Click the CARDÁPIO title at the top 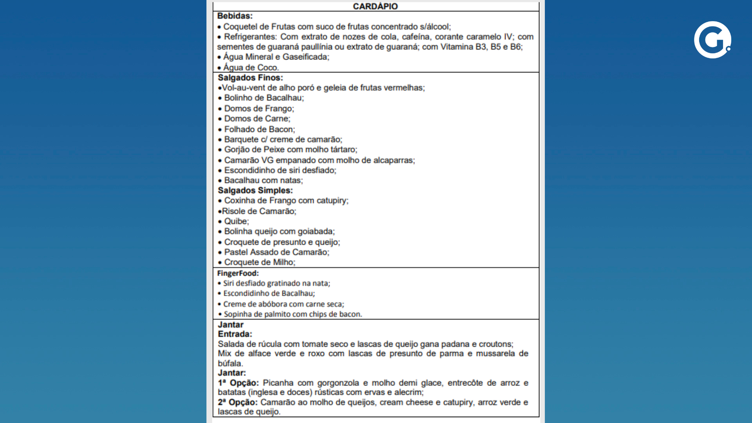click(375, 6)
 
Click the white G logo click(712, 40)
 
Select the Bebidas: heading click(235, 16)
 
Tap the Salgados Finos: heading click(250, 78)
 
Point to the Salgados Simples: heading click(255, 190)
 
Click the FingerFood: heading click(238, 273)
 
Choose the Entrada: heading click(235, 334)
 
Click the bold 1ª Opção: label click(239, 383)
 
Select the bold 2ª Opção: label click(238, 402)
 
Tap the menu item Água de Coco click(251, 67)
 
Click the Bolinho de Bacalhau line click(264, 98)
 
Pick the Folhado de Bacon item click(259, 129)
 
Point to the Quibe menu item click(236, 221)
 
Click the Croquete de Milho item click(260, 262)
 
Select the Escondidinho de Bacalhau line click(269, 293)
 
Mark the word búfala click(230, 363)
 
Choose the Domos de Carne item click(257, 119)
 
